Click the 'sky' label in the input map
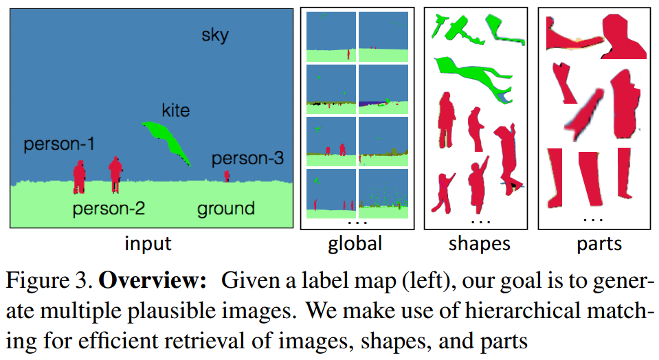pyautogui.click(x=214, y=35)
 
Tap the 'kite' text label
pyautogui.click(x=175, y=110)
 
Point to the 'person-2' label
pyautogui.click(x=109, y=208)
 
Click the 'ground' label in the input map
pyautogui.click(x=226, y=208)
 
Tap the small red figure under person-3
pyautogui.click(x=227, y=177)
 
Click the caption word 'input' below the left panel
pyautogui.click(x=148, y=244)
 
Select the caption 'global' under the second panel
pyautogui.click(x=355, y=244)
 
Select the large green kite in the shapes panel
pyautogui.click(x=474, y=76)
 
